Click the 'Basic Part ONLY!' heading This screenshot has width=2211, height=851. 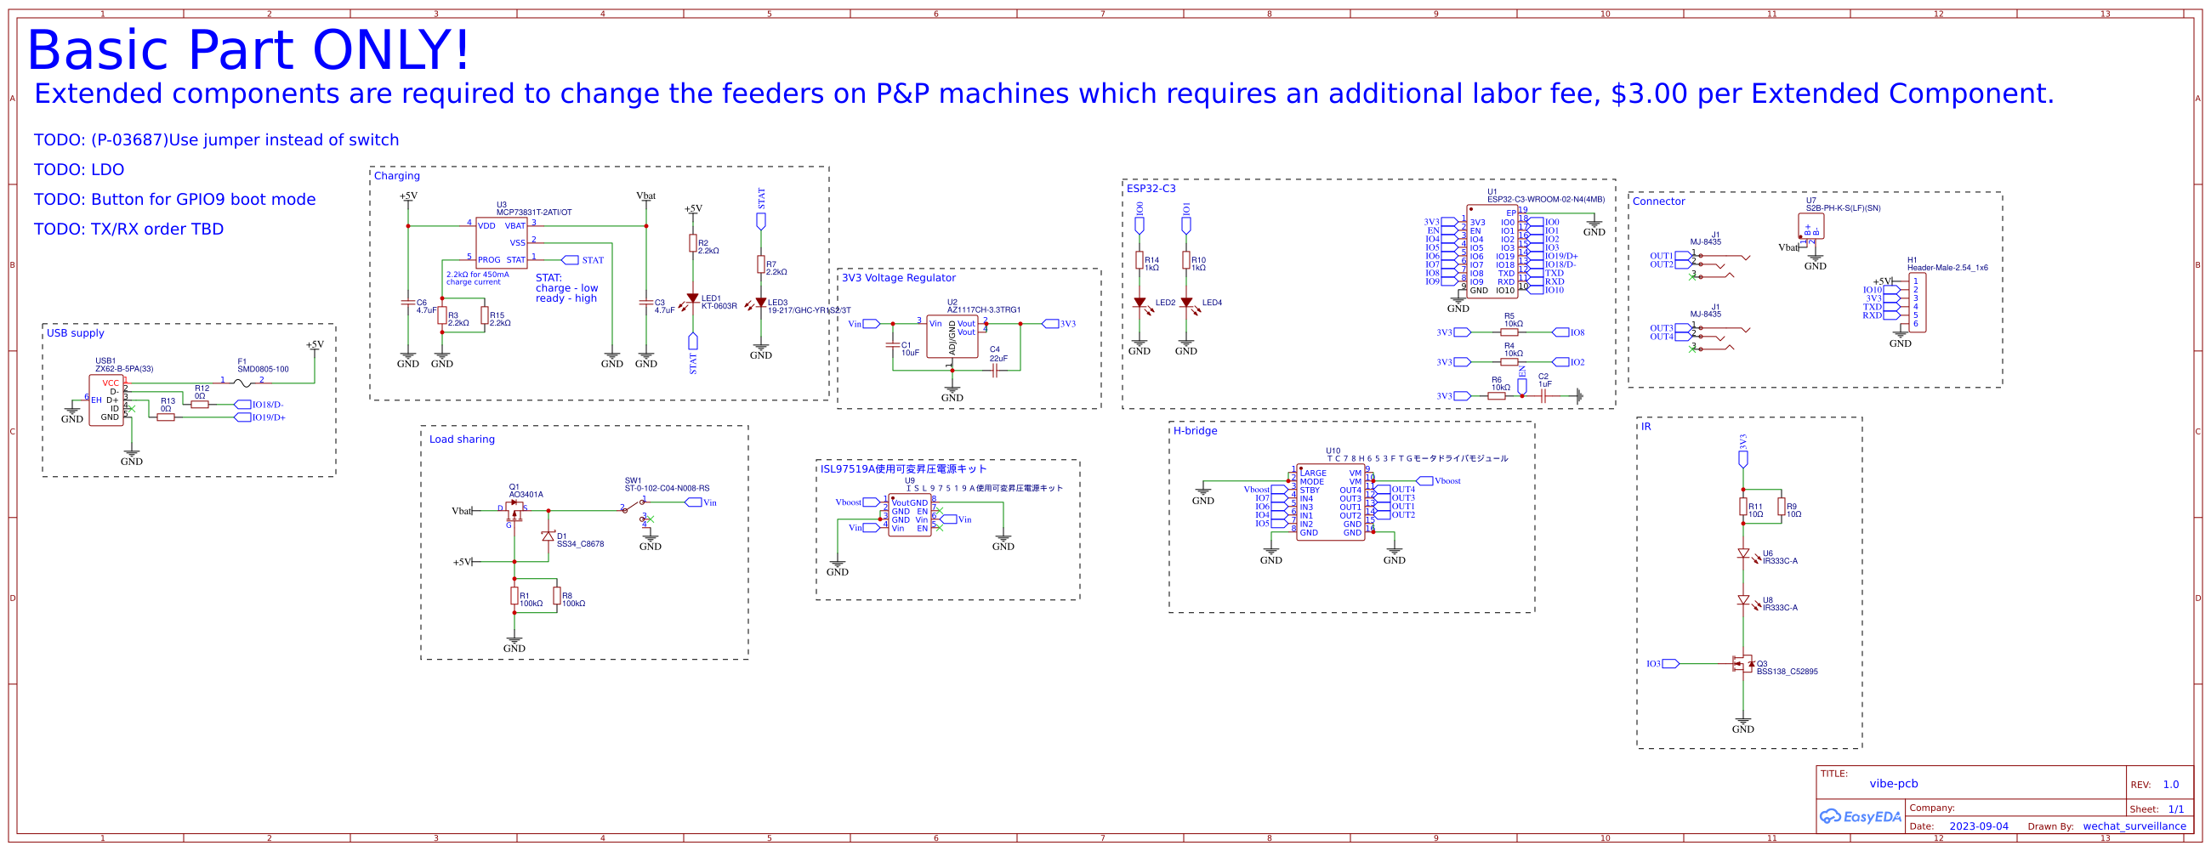tap(249, 50)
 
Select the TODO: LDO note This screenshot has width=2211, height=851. tap(79, 170)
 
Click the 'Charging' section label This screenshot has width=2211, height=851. tap(396, 176)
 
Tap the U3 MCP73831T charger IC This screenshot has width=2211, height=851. tap(501, 243)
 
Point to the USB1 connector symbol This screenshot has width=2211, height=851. tap(105, 400)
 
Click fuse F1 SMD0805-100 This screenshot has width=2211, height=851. tap(243, 383)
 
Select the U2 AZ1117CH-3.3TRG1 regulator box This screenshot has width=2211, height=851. tap(951, 337)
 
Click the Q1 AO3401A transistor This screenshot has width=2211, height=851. tap(514, 511)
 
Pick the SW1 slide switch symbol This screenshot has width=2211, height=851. tap(635, 506)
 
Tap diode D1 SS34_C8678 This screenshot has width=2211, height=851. tap(548, 536)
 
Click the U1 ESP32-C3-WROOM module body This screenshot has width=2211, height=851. tap(1492, 252)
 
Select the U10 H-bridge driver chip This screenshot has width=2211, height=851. tap(1329, 502)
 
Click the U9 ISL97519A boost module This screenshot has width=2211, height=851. tap(909, 515)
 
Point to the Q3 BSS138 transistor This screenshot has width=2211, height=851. tap(1742, 664)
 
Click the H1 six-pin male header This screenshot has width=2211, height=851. tap(1917, 303)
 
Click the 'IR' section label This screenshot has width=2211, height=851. tap(1645, 427)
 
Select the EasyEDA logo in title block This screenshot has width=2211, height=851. tap(1860, 816)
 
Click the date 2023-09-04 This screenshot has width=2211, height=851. tap(1978, 826)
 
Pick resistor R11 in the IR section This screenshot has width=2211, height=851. tap(1743, 508)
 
